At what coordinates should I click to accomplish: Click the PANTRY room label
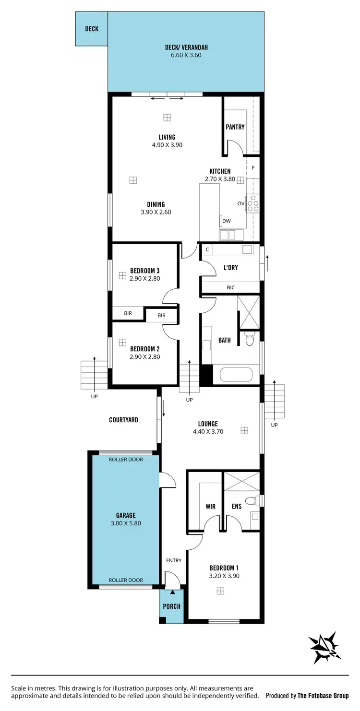[235, 127]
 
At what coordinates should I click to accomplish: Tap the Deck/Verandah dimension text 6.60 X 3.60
[186, 55]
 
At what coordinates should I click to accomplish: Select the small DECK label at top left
[92, 29]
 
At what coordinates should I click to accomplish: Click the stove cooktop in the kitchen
[252, 203]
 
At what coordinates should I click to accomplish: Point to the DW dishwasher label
[227, 221]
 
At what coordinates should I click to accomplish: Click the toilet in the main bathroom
[249, 339]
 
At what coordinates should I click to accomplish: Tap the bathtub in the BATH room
[236, 375]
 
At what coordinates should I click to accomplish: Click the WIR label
[210, 506]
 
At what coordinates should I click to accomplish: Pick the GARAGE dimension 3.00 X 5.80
[125, 523]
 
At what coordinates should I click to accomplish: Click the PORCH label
[171, 606]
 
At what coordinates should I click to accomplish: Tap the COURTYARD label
[123, 420]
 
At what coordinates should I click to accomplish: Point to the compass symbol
[325, 648]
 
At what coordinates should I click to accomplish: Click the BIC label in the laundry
[231, 287]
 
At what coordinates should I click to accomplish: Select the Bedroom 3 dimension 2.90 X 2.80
[144, 278]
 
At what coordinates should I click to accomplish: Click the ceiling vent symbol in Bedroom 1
[220, 591]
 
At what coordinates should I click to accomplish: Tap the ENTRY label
[174, 560]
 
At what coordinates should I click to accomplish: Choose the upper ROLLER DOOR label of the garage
[126, 460]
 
